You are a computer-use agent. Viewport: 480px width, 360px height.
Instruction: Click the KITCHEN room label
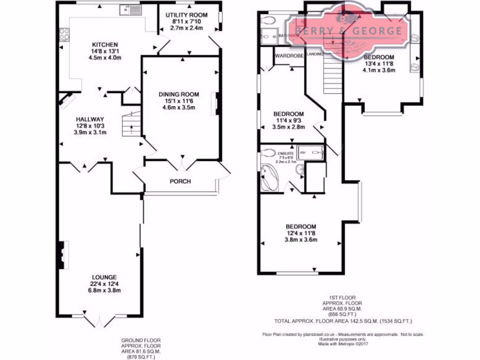click(105, 45)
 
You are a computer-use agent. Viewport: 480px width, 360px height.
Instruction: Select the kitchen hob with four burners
click(64, 34)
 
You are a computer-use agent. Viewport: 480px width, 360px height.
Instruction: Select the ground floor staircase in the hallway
click(131, 124)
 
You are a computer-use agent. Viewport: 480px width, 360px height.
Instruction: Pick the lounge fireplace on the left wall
click(61, 255)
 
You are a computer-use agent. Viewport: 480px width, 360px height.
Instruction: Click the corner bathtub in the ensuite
click(270, 177)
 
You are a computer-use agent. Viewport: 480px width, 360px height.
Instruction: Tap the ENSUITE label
click(286, 153)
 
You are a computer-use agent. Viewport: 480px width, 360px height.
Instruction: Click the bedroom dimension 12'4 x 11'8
click(301, 233)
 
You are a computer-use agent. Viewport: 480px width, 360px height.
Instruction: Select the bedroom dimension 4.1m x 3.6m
click(379, 70)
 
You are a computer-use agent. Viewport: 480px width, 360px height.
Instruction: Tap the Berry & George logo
click(345, 31)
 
